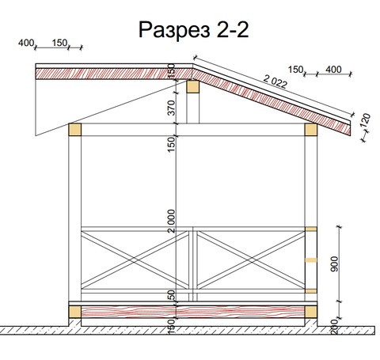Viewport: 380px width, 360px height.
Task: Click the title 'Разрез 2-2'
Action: [x=193, y=30]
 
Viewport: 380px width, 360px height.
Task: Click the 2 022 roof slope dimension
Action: [x=275, y=81]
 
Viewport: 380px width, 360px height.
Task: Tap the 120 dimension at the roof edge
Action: [x=366, y=120]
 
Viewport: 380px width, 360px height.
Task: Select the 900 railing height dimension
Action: [x=334, y=263]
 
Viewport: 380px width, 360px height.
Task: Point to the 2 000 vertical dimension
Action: [x=172, y=221]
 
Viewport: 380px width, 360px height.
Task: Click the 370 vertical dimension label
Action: [x=172, y=108]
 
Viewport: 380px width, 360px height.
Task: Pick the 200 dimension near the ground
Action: [x=334, y=327]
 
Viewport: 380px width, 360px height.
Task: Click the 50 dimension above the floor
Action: [x=172, y=295]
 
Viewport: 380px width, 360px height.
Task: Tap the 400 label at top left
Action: [x=26, y=43]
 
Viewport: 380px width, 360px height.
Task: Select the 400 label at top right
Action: [x=333, y=70]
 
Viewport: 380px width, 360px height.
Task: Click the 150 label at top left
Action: [x=59, y=43]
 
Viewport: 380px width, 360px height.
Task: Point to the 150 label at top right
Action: [x=295, y=70]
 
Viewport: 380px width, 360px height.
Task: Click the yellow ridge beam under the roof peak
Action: [x=193, y=87]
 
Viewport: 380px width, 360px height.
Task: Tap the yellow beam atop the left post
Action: [x=75, y=130]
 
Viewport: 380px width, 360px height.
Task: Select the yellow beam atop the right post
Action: [x=311, y=130]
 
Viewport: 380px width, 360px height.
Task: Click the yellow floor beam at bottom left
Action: [x=75, y=312]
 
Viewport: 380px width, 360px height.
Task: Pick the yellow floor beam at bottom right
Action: [x=311, y=312]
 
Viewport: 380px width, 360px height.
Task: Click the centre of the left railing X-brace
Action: [x=135, y=260]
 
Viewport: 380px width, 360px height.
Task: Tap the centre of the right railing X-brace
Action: [x=251, y=260]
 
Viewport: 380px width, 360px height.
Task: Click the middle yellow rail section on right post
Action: [x=311, y=260]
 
